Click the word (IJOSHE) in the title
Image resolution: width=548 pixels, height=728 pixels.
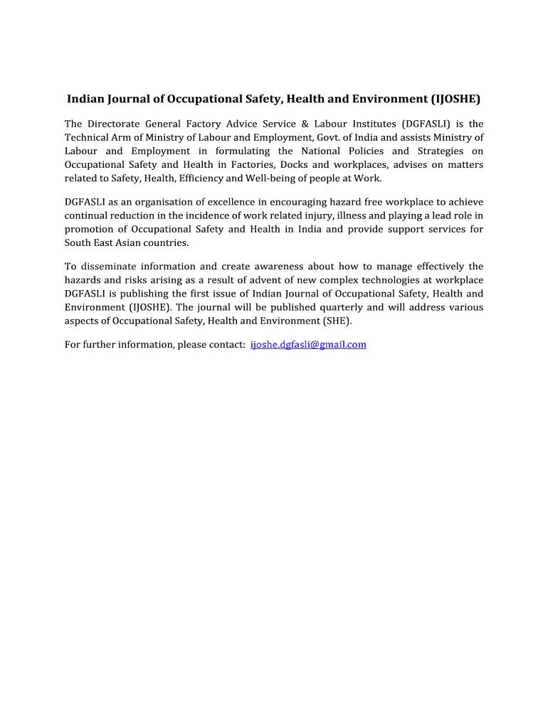pos(450,99)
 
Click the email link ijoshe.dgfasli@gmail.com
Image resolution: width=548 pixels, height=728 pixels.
pos(308,345)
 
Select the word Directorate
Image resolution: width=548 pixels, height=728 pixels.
pos(116,124)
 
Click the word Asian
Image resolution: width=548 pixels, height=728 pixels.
pos(121,243)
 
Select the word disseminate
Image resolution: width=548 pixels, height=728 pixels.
pos(107,267)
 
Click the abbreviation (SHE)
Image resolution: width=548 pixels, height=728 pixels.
pos(337,321)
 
